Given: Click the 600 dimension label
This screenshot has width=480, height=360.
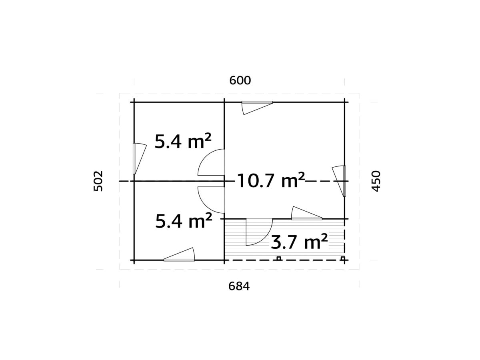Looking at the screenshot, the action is (x=240, y=80).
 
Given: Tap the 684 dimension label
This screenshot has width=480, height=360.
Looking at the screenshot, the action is (x=239, y=286).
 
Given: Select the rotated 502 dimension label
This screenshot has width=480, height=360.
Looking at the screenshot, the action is (x=98, y=181).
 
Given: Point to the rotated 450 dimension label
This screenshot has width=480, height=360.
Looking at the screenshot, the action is (x=376, y=181).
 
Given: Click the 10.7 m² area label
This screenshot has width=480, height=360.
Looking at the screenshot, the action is (x=271, y=180).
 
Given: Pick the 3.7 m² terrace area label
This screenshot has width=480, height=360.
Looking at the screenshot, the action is (x=299, y=241).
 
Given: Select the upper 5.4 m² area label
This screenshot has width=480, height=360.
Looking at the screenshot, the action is (x=183, y=141).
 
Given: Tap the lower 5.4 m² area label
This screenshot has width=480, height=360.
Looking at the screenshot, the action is (x=184, y=220).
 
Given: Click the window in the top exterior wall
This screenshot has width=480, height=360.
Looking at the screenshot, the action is (x=257, y=108).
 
